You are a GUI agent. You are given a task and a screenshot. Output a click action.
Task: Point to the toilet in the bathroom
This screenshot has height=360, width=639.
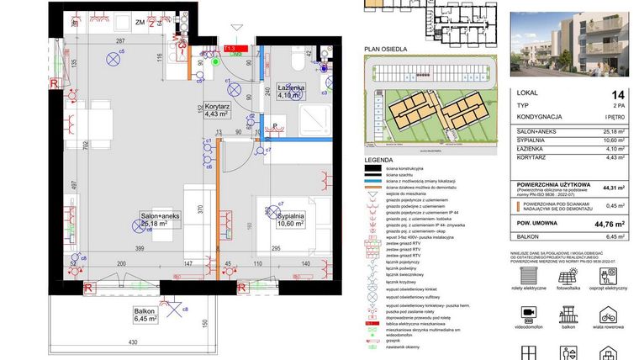pyautogui.click(x=297, y=61)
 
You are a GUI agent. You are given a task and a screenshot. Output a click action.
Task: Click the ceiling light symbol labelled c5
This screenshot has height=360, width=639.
pyautogui.click(x=113, y=59)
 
